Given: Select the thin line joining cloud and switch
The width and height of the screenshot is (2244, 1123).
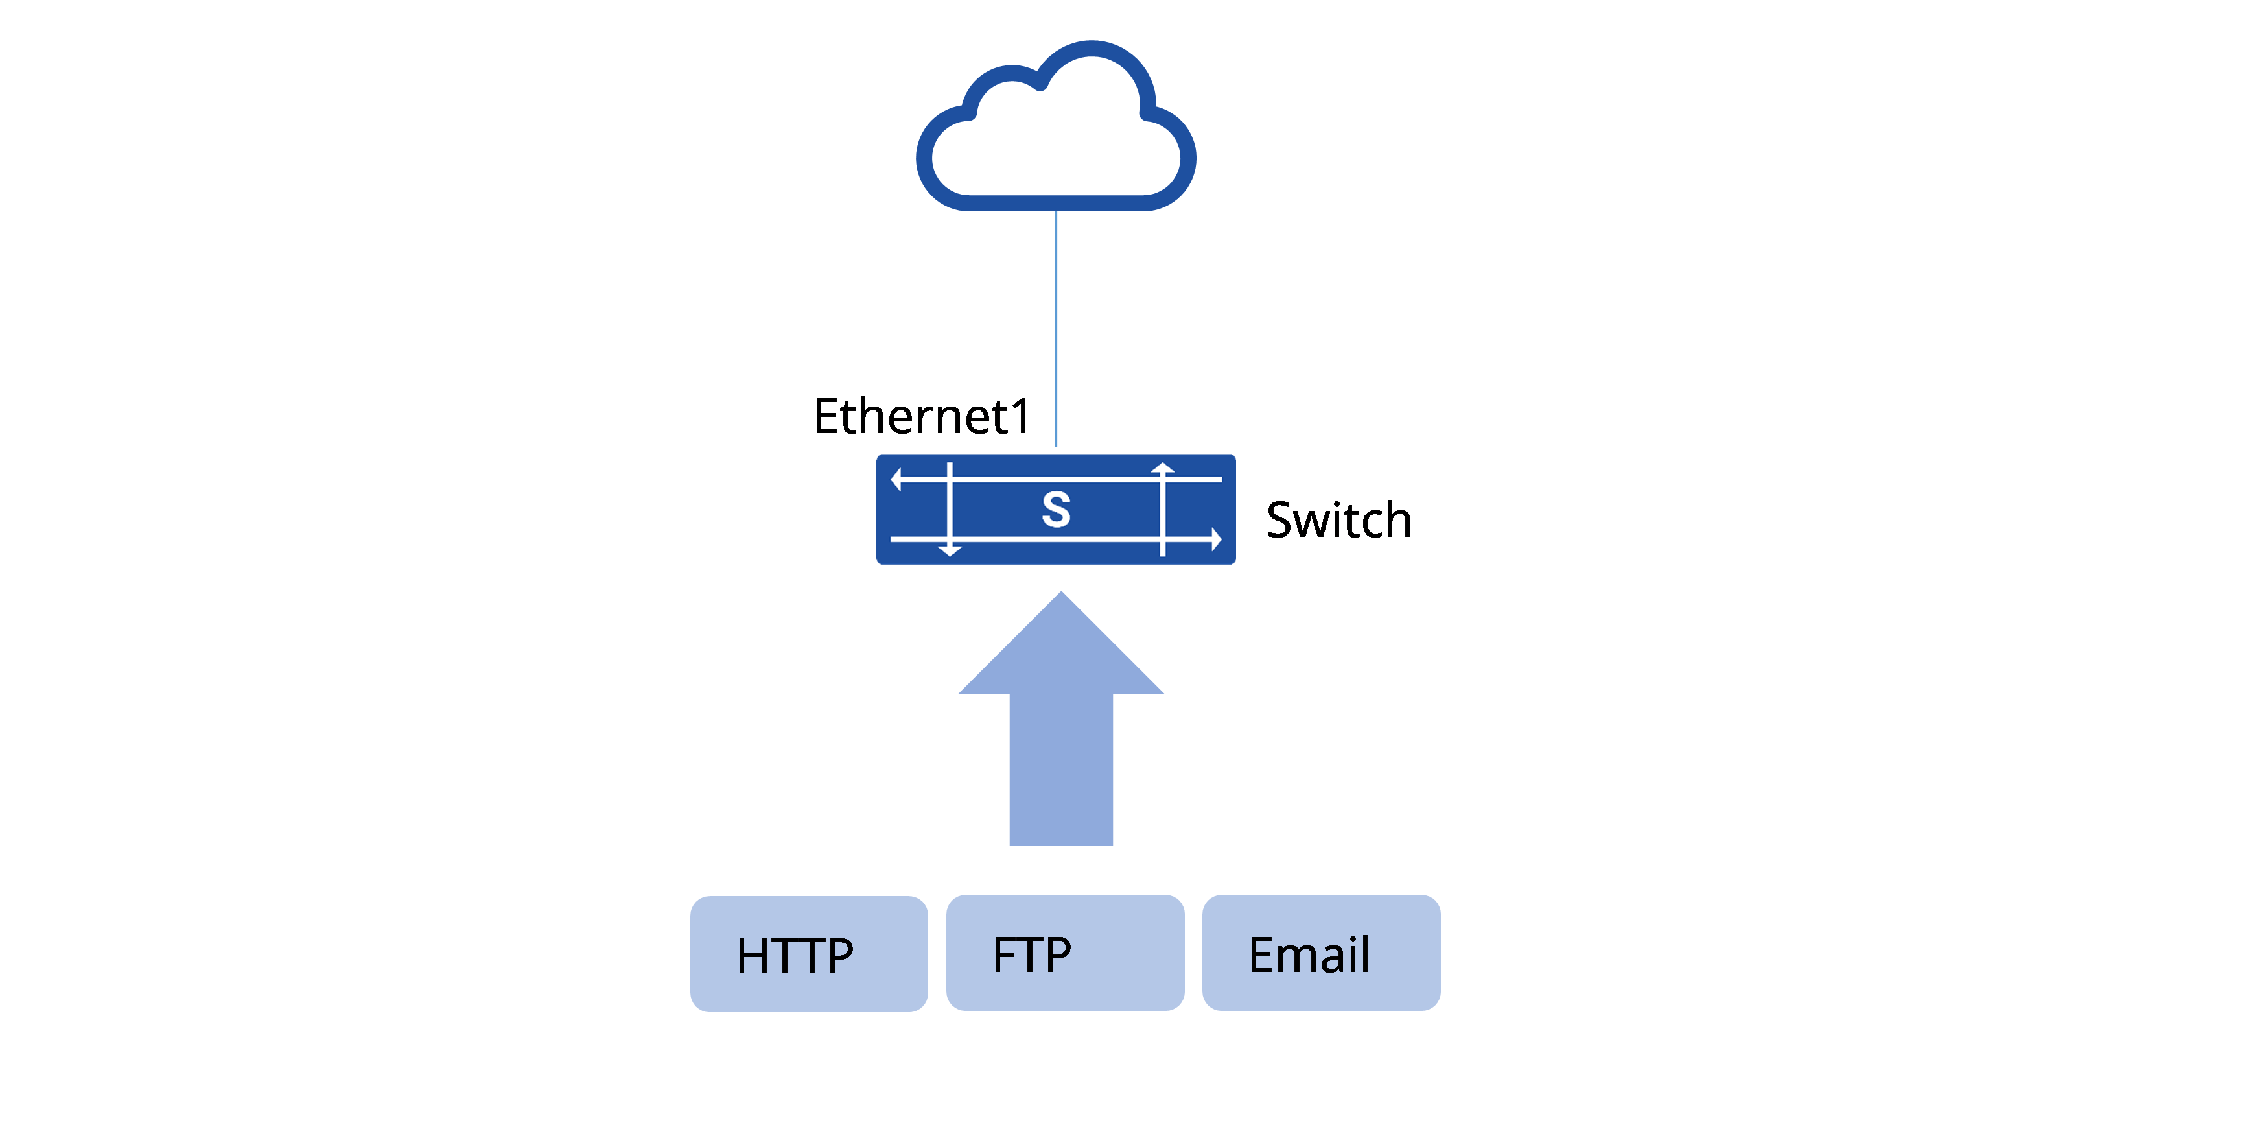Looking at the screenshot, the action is [x=1056, y=329].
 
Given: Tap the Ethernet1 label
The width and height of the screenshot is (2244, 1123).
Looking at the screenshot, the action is [x=922, y=416].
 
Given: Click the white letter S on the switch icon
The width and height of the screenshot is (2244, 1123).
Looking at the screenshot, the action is [x=1056, y=510].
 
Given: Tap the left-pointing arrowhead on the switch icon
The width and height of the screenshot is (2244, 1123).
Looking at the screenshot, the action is [x=896, y=479].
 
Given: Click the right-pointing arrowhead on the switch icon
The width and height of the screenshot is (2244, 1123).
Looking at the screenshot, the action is [x=1217, y=540].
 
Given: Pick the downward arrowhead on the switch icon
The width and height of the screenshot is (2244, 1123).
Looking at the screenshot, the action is [x=950, y=550].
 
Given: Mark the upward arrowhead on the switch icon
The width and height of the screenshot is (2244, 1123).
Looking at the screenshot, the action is [x=1162, y=468].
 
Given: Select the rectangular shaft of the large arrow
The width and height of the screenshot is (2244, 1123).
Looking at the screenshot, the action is [x=1061, y=769].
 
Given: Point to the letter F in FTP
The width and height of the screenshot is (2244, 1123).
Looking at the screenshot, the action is [x=1007, y=955].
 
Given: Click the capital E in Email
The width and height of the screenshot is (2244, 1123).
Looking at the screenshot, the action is [x=1263, y=955].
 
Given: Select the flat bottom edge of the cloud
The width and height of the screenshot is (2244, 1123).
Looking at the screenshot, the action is [x=1056, y=203].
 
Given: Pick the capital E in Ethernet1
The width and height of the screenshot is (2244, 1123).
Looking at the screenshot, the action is [x=826, y=416].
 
